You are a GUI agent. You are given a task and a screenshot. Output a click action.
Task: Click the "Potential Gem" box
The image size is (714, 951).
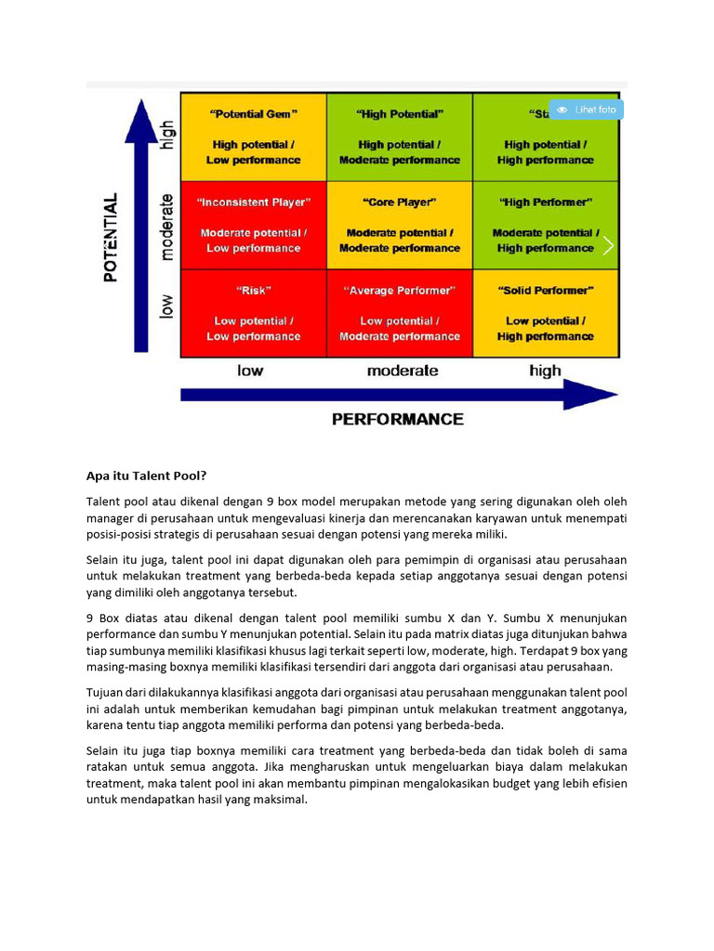(254, 137)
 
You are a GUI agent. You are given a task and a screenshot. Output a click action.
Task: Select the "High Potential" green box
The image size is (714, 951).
(400, 137)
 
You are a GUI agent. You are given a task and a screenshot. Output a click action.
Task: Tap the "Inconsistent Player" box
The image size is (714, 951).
(254, 225)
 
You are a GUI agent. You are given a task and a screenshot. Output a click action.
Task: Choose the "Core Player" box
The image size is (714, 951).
(400, 225)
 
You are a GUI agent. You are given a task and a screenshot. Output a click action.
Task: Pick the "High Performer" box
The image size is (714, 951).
(546, 225)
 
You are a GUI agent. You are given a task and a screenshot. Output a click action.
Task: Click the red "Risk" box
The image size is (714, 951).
(254, 313)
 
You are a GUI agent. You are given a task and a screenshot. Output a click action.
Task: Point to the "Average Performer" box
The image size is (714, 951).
(400, 313)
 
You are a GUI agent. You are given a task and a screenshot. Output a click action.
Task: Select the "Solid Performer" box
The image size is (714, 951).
(546, 313)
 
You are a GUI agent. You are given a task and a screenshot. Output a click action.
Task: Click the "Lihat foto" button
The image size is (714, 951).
(587, 110)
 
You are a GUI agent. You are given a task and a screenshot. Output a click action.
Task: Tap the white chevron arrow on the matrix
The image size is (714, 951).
(608, 245)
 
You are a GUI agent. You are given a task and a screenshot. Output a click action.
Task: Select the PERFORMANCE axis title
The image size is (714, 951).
(398, 419)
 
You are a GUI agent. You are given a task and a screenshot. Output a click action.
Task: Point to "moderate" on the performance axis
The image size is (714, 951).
(403, 371)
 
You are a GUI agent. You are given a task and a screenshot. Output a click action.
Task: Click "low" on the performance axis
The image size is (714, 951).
(250, 371)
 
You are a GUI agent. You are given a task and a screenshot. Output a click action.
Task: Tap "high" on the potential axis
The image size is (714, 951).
(167, 135)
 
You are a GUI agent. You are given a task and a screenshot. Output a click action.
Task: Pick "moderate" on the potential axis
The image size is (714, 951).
(167, 227)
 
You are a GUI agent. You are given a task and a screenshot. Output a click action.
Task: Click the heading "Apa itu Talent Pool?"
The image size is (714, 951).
(146, 476)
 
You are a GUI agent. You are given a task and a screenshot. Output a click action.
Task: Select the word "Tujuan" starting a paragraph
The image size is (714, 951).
(106, 693)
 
